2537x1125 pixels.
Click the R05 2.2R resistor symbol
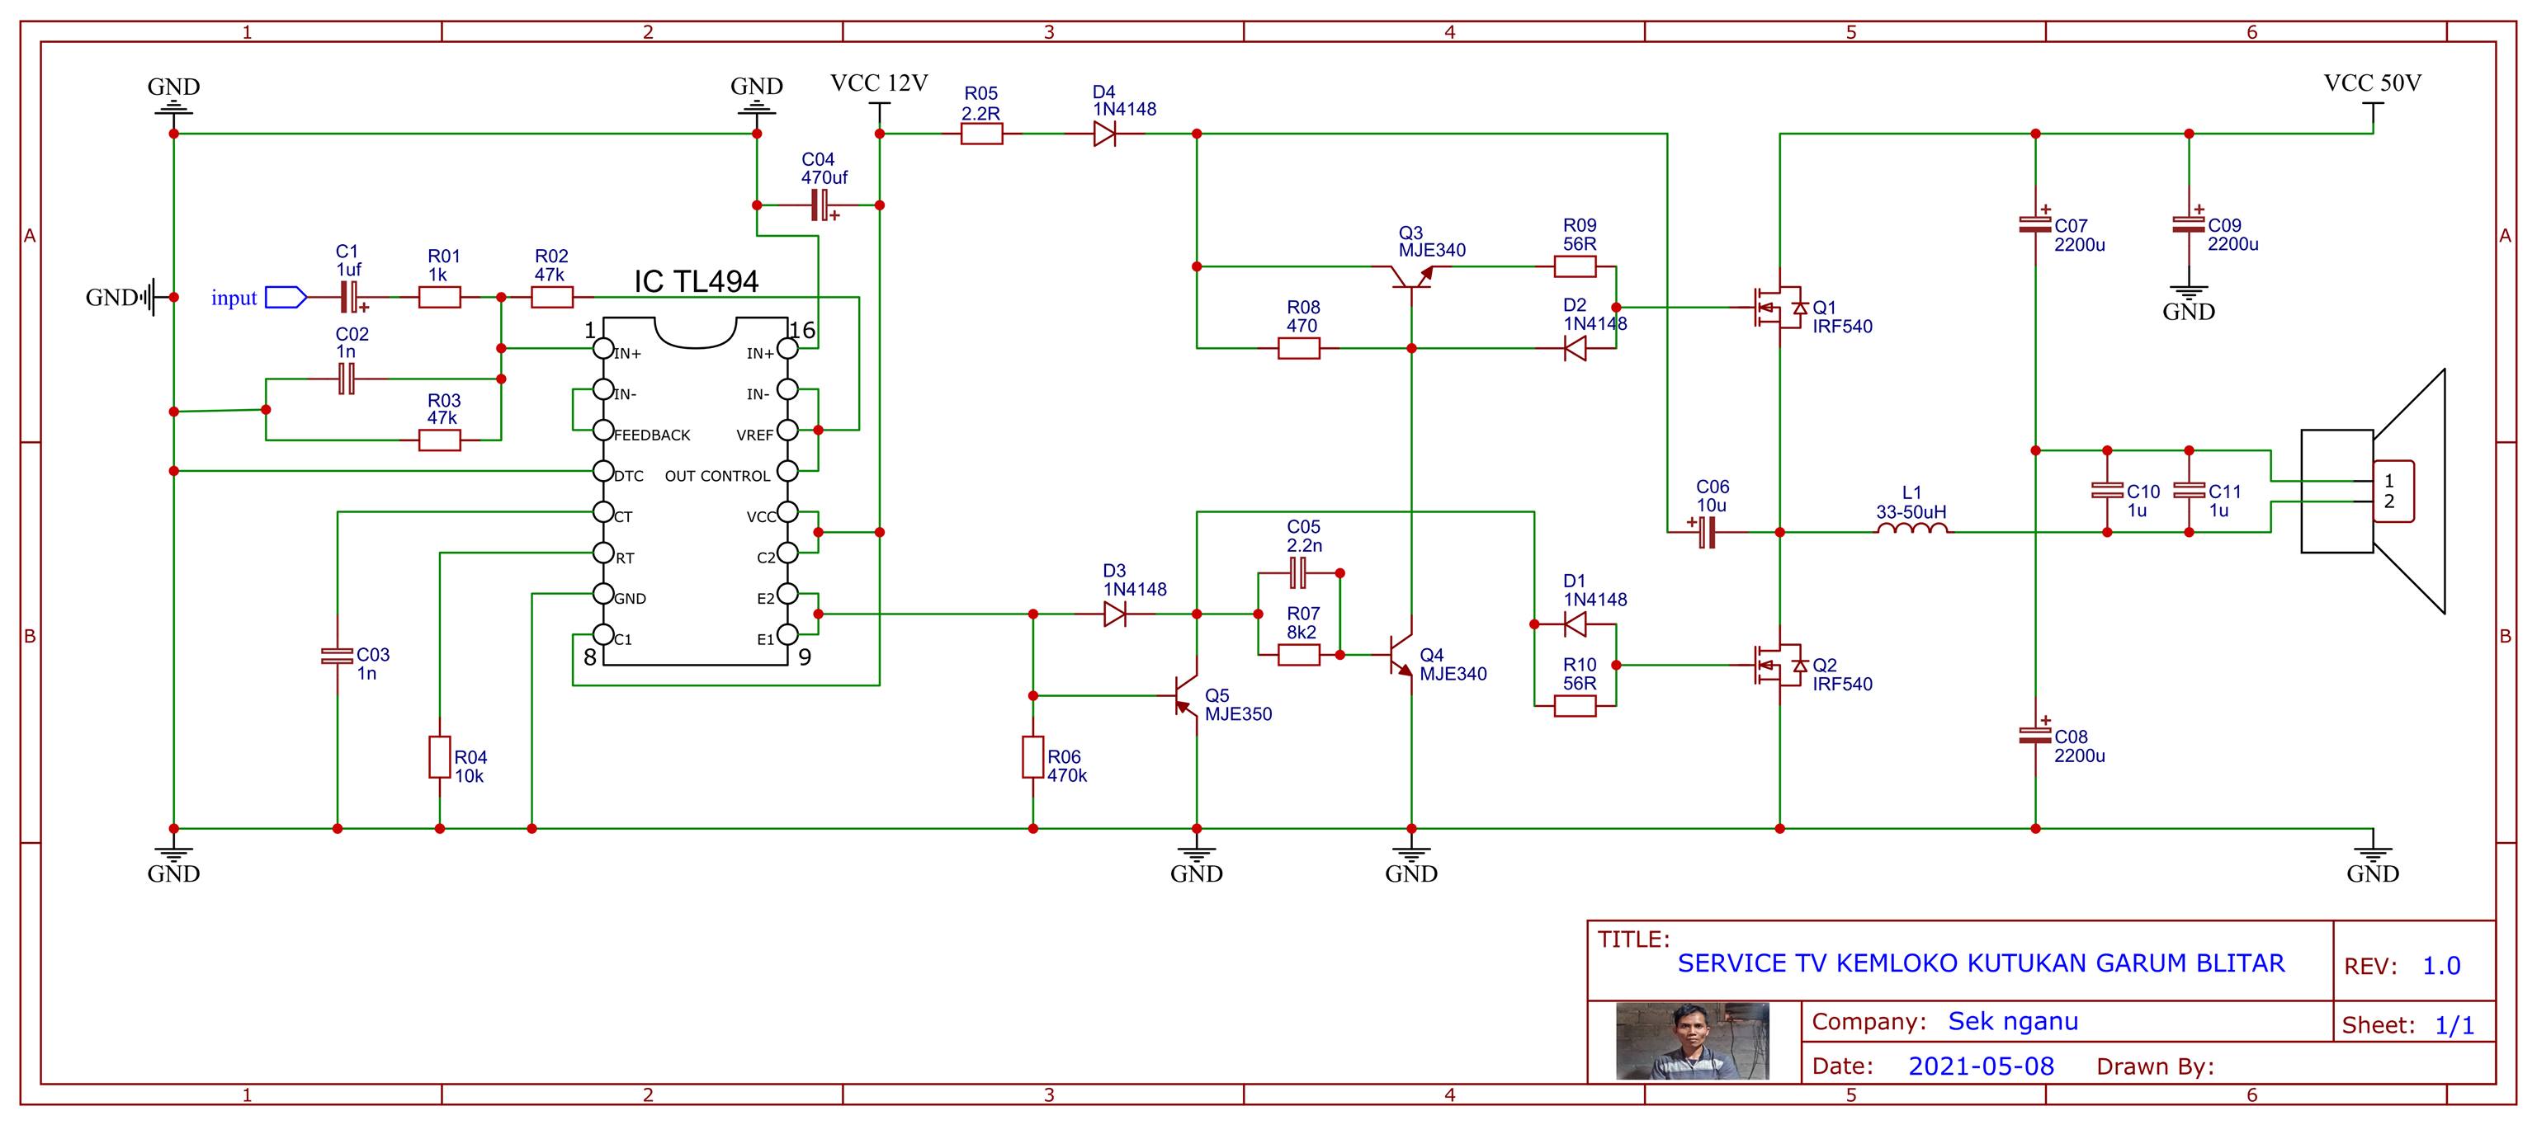click(x=981, y=134)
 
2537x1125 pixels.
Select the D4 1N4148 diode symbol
click(x=1105, y=134)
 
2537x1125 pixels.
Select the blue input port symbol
click(x=286, y=297)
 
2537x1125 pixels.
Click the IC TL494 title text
click(x=697, y=282)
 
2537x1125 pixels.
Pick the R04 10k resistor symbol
click(x=439, y=757)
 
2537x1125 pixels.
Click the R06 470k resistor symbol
click(x=1033, y=757)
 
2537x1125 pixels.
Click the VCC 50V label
click(x=2372, y=83)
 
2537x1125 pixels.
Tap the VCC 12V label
click(x=878, y=83)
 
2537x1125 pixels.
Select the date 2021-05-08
click(x=1981, y=1066)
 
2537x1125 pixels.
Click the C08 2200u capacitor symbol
click(x=2034, y=734)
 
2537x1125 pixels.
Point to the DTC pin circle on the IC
click(x=602, y=472)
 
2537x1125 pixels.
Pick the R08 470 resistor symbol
click(x=1298, y=348)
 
